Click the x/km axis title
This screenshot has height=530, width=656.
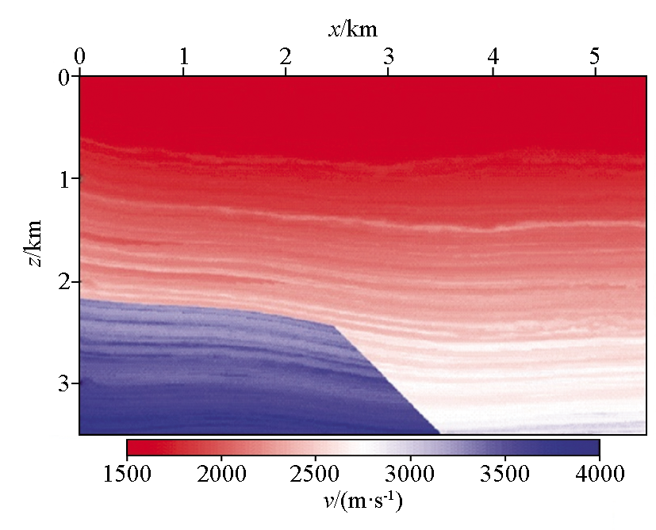click(x=352, y=30)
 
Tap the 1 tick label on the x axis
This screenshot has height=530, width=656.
click(x=183, y=56)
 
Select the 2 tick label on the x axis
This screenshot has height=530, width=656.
click(x=286, y=56)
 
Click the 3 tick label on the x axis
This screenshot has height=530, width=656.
click(x=389, y=56)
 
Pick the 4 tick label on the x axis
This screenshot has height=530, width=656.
click(x=493, y=56)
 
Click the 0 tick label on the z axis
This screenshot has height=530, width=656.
click(x=63, y=78)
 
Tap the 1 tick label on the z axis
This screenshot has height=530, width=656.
click(x=63, y=180)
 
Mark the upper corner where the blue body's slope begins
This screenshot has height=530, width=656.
click(x=334, y=325)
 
